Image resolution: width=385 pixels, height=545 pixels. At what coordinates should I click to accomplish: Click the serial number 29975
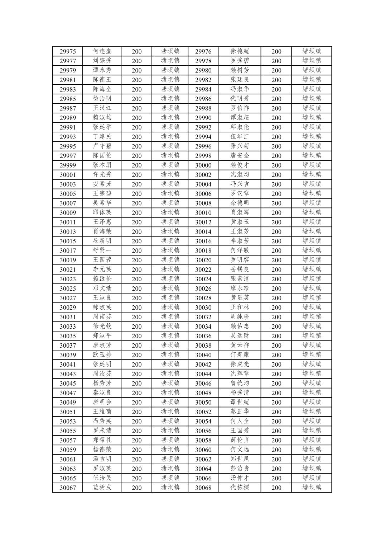tap(68, 52)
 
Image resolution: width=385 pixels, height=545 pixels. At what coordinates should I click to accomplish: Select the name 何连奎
tap(102, 51)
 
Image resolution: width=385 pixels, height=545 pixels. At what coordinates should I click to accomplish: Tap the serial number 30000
tap(203, 165)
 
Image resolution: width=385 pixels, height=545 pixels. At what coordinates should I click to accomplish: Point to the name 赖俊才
tap(240, 165)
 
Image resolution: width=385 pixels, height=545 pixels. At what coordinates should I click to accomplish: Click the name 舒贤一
tap(102, 250)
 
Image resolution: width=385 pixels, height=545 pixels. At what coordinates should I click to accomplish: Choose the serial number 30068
tap(203, 488)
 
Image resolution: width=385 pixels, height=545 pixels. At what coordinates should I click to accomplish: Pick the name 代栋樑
tap(240, 488)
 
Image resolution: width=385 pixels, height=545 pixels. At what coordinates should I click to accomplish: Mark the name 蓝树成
tap(102, 488)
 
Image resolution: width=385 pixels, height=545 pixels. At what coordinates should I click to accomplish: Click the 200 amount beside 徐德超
tap(276, 52)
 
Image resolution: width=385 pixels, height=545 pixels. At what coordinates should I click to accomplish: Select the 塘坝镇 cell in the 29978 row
tap(311, 61)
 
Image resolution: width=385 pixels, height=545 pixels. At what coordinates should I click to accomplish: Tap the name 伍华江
tap(240, 137)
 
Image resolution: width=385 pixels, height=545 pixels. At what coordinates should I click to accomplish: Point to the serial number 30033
tap(68, 326)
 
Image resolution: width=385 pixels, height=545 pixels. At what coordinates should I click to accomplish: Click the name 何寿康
tap(240, 355)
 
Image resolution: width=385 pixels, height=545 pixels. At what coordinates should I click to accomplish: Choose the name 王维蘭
tap(102, 412)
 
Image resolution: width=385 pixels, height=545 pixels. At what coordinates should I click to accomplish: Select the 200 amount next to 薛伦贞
tap(276, 441)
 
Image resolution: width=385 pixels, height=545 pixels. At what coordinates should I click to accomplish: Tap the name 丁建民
tap(102, 137)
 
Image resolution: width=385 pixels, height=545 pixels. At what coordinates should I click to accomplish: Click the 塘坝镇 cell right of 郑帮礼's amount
tap(170, 440)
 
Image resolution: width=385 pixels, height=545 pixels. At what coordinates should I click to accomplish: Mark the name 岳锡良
tap(240, 269)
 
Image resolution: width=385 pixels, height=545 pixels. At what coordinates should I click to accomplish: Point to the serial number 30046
tap(203, 384)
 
